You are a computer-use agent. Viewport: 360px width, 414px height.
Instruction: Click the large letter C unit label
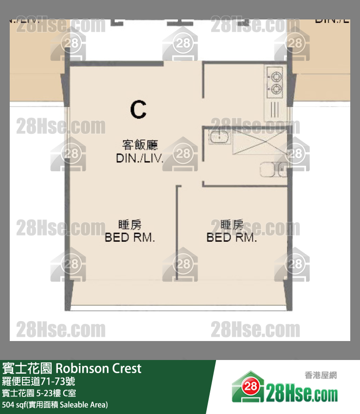(138, 109)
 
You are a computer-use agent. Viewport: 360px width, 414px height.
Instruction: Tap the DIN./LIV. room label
(140, 159)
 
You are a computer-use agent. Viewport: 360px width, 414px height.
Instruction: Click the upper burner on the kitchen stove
(276, 76)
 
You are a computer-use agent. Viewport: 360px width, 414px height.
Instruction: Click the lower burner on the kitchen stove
(276, 89)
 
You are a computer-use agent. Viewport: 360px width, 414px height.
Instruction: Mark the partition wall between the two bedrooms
(177, 233)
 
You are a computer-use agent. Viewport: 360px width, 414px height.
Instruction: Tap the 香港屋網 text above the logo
(321, 375)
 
